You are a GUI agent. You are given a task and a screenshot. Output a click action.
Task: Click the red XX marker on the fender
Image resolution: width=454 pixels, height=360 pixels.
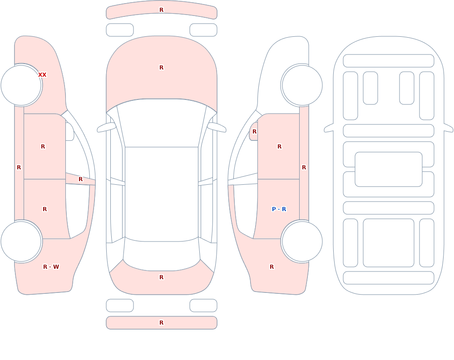click(42, 75)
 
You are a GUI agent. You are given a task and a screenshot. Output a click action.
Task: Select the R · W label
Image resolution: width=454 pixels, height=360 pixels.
click(51, 267)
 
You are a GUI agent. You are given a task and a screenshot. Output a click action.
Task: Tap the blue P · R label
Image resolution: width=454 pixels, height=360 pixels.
click(279, 209)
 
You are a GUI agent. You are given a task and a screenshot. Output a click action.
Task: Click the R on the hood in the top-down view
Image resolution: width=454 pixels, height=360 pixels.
click(162, 68)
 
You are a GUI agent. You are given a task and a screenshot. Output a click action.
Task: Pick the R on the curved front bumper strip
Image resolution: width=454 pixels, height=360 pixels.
click(162, 10)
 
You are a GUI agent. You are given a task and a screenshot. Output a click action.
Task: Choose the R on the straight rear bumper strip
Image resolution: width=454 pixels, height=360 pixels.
click(162, 323)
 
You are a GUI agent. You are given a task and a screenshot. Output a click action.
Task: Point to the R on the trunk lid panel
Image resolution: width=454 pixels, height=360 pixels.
click(162, 277)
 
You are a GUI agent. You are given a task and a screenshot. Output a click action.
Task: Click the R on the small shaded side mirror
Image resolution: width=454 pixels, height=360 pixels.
click(255, 132)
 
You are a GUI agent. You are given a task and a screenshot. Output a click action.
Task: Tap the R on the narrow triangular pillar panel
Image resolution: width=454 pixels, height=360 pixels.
click(81, 179)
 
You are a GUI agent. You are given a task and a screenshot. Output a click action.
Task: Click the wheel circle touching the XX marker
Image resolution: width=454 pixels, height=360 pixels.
click(21, 85)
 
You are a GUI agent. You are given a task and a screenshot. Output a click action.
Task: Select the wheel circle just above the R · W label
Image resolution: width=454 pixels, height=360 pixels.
click(21, 241)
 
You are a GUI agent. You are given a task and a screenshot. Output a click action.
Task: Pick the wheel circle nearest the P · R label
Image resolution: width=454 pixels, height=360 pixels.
click(302, 241)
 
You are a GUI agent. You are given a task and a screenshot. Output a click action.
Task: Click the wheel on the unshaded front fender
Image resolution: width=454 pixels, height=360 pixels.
click(302, 85)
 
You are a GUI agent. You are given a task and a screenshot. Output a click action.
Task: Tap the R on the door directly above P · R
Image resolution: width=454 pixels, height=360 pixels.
click(279, 147)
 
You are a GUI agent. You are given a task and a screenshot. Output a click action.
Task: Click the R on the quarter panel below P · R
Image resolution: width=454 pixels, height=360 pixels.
click(271, 267)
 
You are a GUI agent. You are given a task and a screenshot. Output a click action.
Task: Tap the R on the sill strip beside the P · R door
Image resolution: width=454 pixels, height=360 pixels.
click(304, 168)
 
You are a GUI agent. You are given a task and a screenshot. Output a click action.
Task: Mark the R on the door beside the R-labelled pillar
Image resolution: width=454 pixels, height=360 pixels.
click(43, 147)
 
